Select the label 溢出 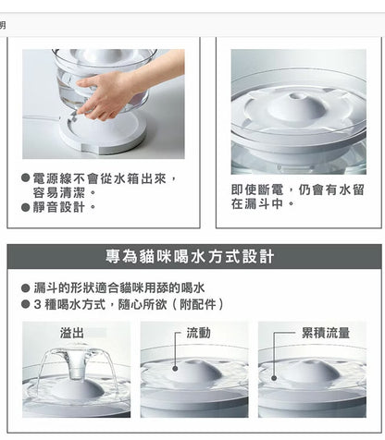[72, 332]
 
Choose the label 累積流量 [325, 332]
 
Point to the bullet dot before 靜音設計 [25, 207]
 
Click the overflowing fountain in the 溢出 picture [75, 374]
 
